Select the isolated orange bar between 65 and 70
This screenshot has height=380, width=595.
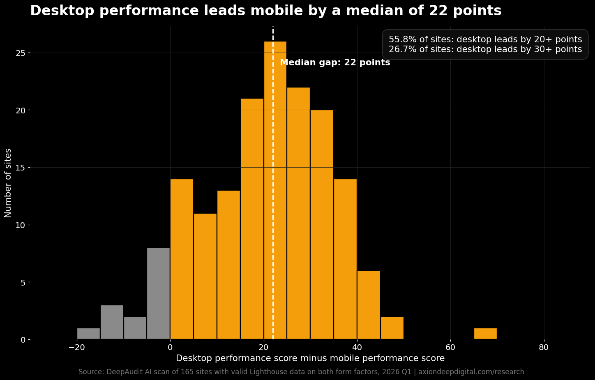(x=485, y=334)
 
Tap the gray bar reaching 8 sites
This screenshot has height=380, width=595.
(x=159, y=293)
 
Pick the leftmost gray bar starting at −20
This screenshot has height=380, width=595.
(x=88, y=334)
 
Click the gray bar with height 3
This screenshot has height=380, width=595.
(x=112, y=322)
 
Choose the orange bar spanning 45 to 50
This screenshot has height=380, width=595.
(x=392, y=328)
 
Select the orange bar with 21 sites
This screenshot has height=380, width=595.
(x=252, y=219)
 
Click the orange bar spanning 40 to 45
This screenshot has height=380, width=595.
(x=369, y=305)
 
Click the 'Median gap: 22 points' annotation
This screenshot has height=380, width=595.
(x=335, y=63)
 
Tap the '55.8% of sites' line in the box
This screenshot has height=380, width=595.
(x=485, y=39)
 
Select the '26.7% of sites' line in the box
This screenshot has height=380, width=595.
(x=485, y=49)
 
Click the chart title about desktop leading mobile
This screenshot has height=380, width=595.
(x=266, y=11)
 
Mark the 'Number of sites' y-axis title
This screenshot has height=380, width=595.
(x=8, y=183)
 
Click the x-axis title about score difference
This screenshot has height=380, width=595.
(x=310, y=358)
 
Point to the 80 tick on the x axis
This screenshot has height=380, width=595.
(x=544, y=347)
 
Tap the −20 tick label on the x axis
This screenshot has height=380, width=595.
(x=77, y=347)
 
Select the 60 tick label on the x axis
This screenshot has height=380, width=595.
(x=451, y=347)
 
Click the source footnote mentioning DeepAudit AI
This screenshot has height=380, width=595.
(x=301, y=372)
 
